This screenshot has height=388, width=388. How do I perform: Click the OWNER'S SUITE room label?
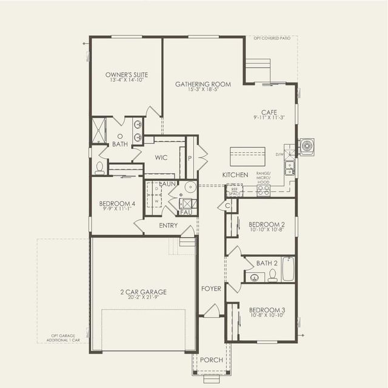126,75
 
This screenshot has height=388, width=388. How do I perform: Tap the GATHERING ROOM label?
203,84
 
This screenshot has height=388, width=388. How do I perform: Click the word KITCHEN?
235,175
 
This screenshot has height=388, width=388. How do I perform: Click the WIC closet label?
161,157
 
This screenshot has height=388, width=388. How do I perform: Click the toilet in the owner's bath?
99,167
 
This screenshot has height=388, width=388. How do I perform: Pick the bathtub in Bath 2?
288,269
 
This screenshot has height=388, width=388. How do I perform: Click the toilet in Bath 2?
273,275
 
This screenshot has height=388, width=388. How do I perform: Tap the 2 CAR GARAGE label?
143,292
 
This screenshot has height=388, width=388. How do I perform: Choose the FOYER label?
211,289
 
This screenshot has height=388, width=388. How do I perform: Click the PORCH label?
212,360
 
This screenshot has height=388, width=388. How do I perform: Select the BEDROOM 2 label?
267,224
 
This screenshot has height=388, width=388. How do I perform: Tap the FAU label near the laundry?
186,213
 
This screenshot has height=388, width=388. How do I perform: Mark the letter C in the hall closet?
228,206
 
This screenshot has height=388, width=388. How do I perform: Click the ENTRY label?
169,226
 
